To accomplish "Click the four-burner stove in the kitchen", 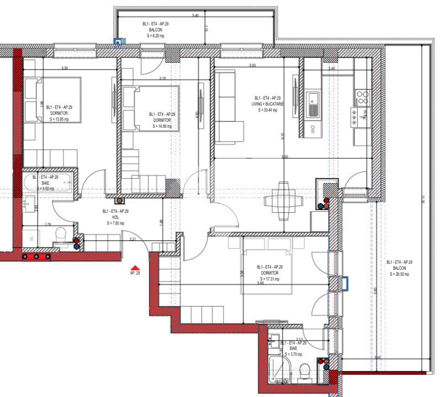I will coord(363,98).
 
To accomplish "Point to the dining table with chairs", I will coord(283,201).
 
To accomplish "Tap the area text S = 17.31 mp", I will coord(269,279).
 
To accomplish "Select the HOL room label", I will coord(115,217).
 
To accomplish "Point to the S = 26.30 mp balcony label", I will coord(399,273).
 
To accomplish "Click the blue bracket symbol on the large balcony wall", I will coord(345,283).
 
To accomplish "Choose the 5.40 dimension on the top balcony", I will coord(195,15).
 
